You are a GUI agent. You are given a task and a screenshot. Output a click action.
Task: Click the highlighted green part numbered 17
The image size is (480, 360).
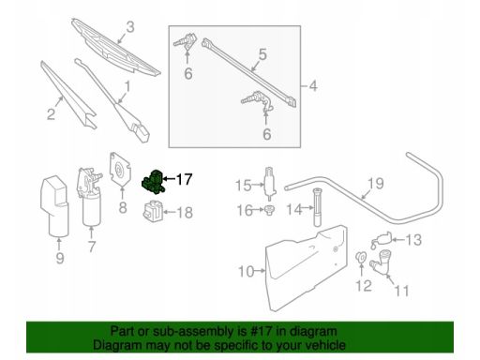(x=153, y=183)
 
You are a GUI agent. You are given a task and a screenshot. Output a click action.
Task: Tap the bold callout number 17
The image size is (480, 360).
(x=184, y=179)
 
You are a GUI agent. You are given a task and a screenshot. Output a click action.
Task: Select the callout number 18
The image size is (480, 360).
(x=185, y=213)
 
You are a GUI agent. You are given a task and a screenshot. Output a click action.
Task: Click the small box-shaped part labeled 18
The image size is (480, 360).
(x=153, y=212)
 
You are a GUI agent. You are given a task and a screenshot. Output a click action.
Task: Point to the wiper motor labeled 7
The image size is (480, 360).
(x=89, y=196)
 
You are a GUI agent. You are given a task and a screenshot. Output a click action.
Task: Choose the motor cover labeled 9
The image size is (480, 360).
(x=55, y=206)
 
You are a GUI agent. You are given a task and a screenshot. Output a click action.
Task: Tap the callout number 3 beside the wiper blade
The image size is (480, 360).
(x=130, y=27)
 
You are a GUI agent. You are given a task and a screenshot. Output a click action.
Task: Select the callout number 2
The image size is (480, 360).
(x=51, y=113)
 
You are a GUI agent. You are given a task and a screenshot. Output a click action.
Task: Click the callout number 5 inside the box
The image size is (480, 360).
(x=262, y=54)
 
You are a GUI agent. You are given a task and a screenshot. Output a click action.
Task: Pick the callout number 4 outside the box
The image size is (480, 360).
(x=313, y=85)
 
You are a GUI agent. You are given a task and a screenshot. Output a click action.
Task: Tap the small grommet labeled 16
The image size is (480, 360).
(x=269, y=210)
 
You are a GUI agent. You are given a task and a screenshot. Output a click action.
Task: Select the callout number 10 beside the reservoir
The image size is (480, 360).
(x=247, y=271)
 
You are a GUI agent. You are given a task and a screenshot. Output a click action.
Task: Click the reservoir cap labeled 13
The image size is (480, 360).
(x=381, y=240)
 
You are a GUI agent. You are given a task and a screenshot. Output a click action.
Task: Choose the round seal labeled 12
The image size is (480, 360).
(x=361, y=257)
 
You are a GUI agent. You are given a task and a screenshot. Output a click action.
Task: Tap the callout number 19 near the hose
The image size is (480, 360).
(x=376, y=184)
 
